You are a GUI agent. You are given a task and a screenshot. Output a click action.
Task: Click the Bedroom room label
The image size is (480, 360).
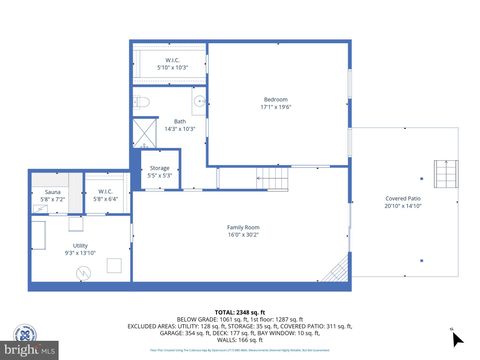tap(276, 99)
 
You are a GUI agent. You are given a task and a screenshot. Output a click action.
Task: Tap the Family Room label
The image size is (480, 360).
tap(243, 227)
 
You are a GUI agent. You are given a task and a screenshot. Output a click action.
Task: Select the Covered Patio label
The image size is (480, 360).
tap(404, 198)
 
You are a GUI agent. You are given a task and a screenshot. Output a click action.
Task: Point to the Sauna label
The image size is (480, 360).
tap(52, 192)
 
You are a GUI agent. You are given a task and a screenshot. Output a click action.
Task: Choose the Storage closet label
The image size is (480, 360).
tap(160, 168)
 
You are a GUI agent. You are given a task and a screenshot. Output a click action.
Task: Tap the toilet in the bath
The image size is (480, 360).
tap(142, 102)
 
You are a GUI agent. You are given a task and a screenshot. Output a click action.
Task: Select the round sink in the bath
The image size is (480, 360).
tap(199, 101)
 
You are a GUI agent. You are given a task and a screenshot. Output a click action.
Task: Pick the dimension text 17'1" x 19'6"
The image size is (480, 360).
tap(276, 107)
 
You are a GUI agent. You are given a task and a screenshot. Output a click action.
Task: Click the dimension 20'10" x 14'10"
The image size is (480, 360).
tap(404, 206)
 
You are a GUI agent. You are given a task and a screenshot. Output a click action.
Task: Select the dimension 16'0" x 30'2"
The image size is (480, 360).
tap(243, 235)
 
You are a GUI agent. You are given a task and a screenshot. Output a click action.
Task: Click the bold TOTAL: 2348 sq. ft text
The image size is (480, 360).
tap(240, 311)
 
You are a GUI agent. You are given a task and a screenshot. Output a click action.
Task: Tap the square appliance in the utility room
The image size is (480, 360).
tap(115, 265)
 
